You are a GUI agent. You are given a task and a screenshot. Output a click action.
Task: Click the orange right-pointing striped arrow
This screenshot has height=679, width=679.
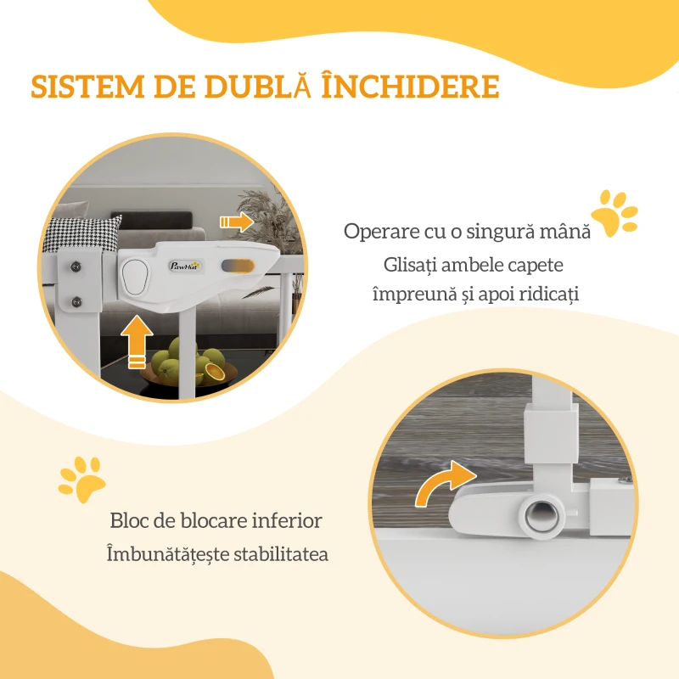(237, 222)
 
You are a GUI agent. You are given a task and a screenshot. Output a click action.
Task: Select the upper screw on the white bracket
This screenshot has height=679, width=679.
(76, 266)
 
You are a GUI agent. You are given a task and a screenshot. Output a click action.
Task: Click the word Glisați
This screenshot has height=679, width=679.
(408, 265)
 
